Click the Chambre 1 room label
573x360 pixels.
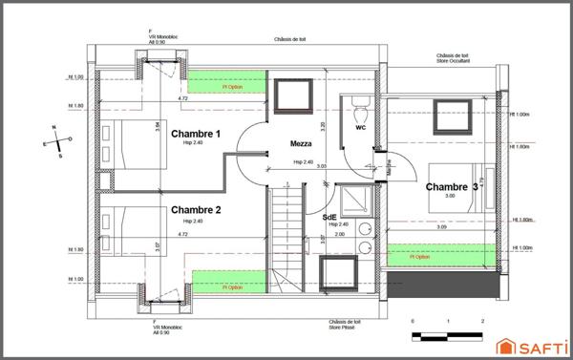tap(196, 135)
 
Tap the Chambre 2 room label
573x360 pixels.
tap(196, 209)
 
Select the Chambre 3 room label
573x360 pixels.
tap(452, 187)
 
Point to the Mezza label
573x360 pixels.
tap(304, 144)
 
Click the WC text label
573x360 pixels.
tap(360, 126)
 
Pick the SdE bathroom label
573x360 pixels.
tap(329, 217)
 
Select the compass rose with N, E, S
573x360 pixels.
tap(58, 140)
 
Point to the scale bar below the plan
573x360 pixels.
tap(448, 328)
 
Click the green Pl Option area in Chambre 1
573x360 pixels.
tap(225, 84)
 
